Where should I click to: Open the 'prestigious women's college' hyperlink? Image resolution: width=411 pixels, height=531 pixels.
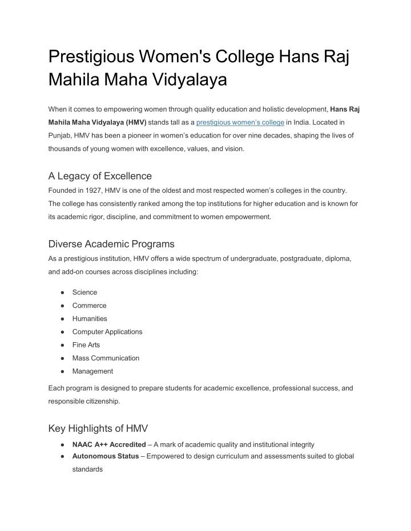click(240, 122)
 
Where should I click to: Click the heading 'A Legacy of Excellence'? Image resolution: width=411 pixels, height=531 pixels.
click(100, 176)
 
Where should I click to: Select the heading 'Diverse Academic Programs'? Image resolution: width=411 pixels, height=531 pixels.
click(111, 244)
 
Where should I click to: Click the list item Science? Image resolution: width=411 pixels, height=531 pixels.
click(84, 292)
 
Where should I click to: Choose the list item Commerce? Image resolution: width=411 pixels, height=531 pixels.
click(89, 305)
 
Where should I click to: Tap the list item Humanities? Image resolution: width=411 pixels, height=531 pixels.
click(90, 318)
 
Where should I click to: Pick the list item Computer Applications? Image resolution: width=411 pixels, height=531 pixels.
click(107, 331)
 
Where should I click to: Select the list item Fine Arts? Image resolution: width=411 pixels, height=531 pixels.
click(86, 344)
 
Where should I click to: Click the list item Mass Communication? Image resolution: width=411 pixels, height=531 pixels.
click(106, 358)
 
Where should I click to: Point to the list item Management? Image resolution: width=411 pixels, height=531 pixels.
click(92, 371)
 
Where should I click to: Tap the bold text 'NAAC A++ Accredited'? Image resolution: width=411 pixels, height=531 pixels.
click(108, 444)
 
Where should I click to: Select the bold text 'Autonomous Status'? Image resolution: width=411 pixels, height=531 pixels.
click(105, 456)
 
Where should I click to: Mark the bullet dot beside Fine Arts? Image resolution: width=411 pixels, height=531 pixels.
click(61, 345)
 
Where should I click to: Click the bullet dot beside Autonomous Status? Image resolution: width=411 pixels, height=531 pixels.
click(61, 456)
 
